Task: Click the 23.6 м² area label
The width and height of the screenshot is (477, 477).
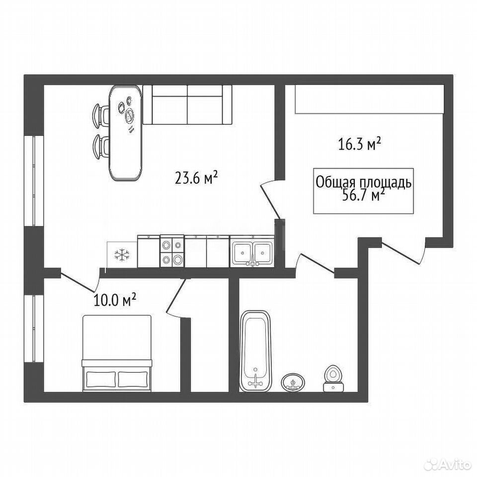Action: pyautogui.click(x=196, y=177)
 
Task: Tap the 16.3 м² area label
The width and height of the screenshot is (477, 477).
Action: pyautogui.click(x=360, y=144)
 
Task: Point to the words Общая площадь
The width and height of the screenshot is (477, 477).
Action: pyautogui.click(x=364, y=182)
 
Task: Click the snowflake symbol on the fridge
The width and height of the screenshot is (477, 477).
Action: pyautogui.click(x=122, y=254)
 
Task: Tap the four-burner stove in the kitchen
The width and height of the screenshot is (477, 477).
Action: pyautogui.click(x=172, y=251)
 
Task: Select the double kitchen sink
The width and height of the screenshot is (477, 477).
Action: pyautogui.click(x=252, y=252)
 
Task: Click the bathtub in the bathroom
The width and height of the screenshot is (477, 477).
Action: pyautogui.click(x=255, y=350)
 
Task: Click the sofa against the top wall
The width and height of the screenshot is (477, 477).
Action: pyautogui.click(x=187, y=105)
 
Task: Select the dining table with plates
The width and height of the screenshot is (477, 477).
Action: pyautogui.click(x=126, y=133)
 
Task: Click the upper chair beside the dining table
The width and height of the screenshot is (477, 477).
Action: pyautogui.click(x=101, y=115)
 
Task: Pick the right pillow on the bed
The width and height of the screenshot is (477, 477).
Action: pyautogui.click(x=133, y=379)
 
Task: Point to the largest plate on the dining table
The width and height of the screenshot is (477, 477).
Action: pyautogui.click(x=131, y=116)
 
